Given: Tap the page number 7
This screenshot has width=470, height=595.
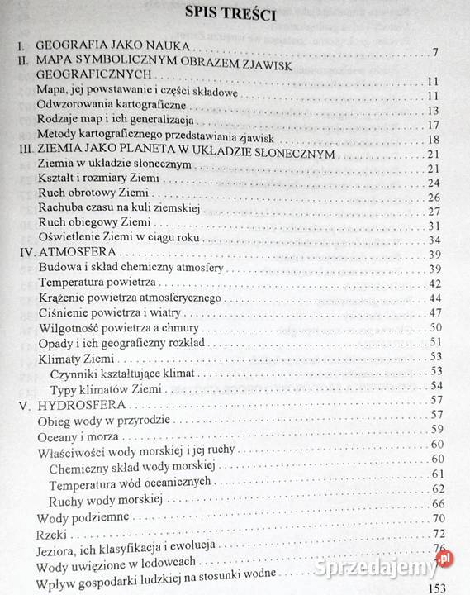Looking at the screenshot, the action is (434, 55).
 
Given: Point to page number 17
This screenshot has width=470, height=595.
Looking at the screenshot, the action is (432, 125).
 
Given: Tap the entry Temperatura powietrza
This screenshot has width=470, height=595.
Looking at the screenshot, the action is (92, 283).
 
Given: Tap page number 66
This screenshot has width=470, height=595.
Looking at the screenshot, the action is (439, 503).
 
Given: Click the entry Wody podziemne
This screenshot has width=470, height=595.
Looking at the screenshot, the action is (83, 518).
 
